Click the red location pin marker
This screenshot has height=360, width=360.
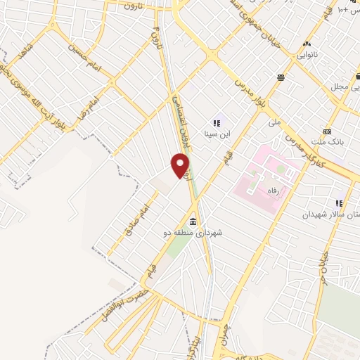point(181,166)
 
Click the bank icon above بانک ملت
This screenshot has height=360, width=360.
point(327,131)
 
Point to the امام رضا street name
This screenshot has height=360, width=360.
point(89,104)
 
